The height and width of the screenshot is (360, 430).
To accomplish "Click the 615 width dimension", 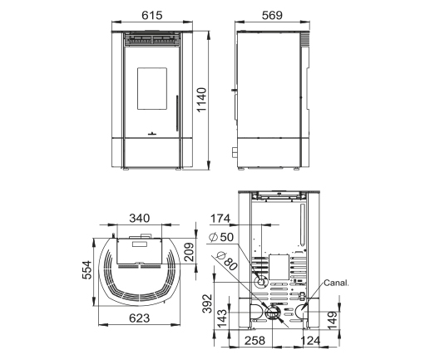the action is [x=152, y=15].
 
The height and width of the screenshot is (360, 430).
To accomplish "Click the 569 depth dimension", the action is [x=272, y=15].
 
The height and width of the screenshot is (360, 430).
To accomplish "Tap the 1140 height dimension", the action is [x=202, y=100].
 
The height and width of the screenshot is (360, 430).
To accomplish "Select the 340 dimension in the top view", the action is [x=140, y=219].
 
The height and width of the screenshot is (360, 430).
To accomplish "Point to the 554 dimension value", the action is [x=86, y=269].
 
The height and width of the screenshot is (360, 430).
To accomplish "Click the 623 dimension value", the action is [x=140, y=318].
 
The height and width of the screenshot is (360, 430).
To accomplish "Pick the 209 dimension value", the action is [x=190, y=252].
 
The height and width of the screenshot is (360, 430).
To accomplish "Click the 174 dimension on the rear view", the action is [x=220, y=219].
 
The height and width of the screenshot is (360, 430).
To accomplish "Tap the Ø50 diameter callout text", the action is [x=221, y=237].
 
